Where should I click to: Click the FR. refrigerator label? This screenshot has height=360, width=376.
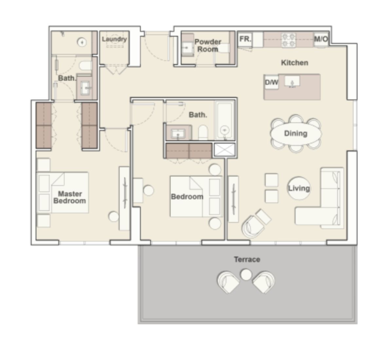click(x=245, y=39)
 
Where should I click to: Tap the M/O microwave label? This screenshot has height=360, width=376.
click(x=321, y=39)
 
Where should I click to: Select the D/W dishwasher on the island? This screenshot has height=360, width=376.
click(x=271, y=82)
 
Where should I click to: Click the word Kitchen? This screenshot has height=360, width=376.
click(x=295, y=63)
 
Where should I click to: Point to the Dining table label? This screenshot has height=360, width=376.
click(x=295, y=133)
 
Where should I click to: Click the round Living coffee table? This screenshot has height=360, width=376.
click(x=299, y=188)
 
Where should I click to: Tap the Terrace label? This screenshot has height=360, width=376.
click(x=247, y=260)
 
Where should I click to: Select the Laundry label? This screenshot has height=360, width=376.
click(x=114, y=39)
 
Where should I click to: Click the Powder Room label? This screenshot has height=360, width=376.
click(x=208, y=45)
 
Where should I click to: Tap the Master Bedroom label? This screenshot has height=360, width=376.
click(x=69, y=197)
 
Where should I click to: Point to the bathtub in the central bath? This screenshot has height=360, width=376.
click(x=224, y=121)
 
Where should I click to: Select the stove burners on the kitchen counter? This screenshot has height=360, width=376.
click(x=289, y=40)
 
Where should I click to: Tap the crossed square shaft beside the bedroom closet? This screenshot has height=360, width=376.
click(x=224, y=150)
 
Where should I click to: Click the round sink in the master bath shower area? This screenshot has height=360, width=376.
click(x=81, y=42)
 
